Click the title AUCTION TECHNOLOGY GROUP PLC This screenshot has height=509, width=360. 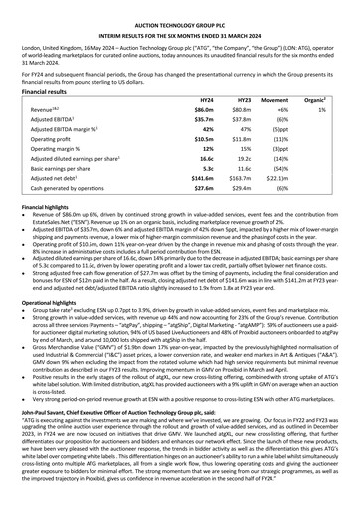[180, 11]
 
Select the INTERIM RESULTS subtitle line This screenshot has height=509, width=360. [180, 23]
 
